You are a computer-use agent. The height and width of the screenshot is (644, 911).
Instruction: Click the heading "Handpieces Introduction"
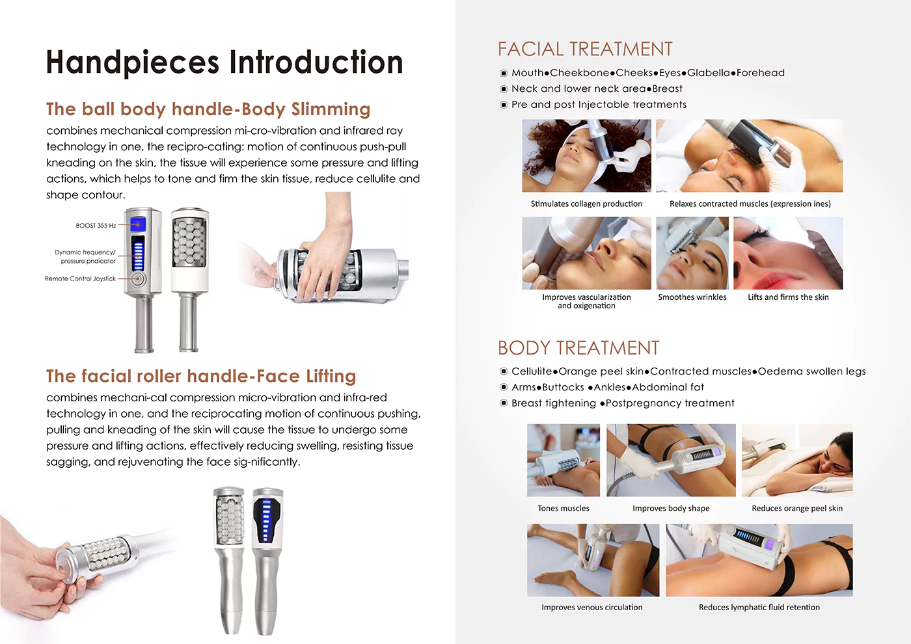click(x=224, y=62)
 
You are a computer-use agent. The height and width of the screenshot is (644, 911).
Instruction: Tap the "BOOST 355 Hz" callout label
click(x=96, y=225)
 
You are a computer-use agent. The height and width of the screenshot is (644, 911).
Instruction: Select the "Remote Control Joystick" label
click(x=80, y=278)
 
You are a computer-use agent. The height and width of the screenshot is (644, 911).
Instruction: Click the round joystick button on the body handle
click(x=139, y=279)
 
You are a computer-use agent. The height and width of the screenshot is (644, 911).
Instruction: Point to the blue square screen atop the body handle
click(x=138, y=224)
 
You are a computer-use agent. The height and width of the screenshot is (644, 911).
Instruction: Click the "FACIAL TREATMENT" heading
click(x=585, y=49)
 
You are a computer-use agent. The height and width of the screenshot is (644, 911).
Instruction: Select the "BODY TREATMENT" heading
click(x=578, y=348)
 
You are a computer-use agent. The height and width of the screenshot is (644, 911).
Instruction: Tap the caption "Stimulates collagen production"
click(x=586, y=204)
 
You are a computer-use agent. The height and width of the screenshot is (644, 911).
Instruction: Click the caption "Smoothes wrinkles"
click(x=692, y=297)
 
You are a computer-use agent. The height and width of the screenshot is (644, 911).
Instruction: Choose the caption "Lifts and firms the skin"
click(x=788, y=297)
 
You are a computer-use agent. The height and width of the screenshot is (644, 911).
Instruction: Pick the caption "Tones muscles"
click(x=564, y=508)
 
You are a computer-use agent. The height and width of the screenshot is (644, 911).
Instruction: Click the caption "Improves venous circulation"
click(x=591, y=608)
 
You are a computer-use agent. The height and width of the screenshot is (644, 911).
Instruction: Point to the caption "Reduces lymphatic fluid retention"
click(x=759, y=608)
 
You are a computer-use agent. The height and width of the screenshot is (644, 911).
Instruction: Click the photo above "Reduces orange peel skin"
click(x=797, y=461)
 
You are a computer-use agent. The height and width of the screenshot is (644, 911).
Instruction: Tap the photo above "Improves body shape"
click(x=671, y=461)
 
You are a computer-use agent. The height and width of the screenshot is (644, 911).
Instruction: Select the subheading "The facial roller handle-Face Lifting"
click(x=201, y=376)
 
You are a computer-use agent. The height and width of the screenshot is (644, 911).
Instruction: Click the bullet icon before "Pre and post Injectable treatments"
click(x=504, y=105)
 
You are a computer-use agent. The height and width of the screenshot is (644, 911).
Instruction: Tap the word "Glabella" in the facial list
click(x=709, y=73)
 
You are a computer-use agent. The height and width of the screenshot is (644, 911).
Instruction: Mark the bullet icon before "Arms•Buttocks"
click(x=504, y=387)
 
